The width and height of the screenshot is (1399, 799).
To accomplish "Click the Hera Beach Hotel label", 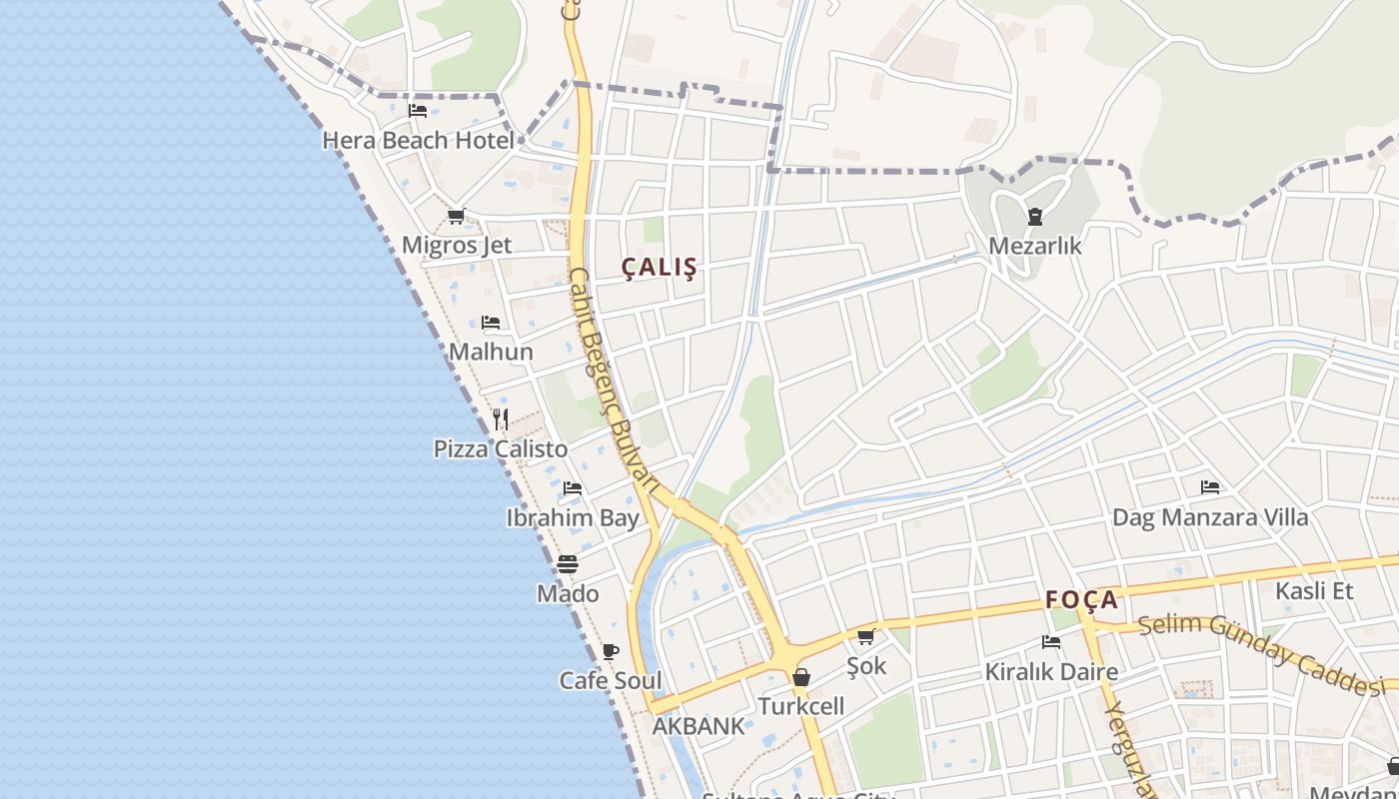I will pos(418,141).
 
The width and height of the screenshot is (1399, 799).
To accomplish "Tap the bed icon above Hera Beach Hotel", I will pos(418,111).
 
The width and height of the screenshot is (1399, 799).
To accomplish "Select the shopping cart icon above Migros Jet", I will pos(457,216).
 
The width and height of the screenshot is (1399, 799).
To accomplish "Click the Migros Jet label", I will pos(457,246).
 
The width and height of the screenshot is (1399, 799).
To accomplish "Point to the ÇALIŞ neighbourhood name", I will pos(660,268).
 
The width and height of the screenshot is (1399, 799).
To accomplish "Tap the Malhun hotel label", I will pos(491,353).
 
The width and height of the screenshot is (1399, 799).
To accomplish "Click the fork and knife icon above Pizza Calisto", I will pos(501,419).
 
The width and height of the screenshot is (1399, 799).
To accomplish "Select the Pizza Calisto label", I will pos(501,449).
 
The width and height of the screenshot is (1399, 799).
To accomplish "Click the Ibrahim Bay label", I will pos(573,518).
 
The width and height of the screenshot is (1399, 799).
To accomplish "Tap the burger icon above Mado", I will pos(568,564).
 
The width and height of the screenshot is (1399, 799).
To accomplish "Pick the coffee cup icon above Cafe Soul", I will pos(610,652).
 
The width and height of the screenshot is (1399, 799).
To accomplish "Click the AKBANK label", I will pos(699,727).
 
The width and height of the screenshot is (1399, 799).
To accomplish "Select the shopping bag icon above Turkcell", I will pos(800,678).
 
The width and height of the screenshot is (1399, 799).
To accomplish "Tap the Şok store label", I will pos(866,666).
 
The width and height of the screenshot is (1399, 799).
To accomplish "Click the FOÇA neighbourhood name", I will pos(1081,600).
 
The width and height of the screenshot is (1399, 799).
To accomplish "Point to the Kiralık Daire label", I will pos(1051,672).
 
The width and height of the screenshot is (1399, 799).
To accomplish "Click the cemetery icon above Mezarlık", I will pos(1034,216).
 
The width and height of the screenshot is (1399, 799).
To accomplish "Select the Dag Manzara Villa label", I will pos(1210,518).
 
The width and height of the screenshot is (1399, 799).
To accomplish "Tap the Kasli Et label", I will pos(1314,591).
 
